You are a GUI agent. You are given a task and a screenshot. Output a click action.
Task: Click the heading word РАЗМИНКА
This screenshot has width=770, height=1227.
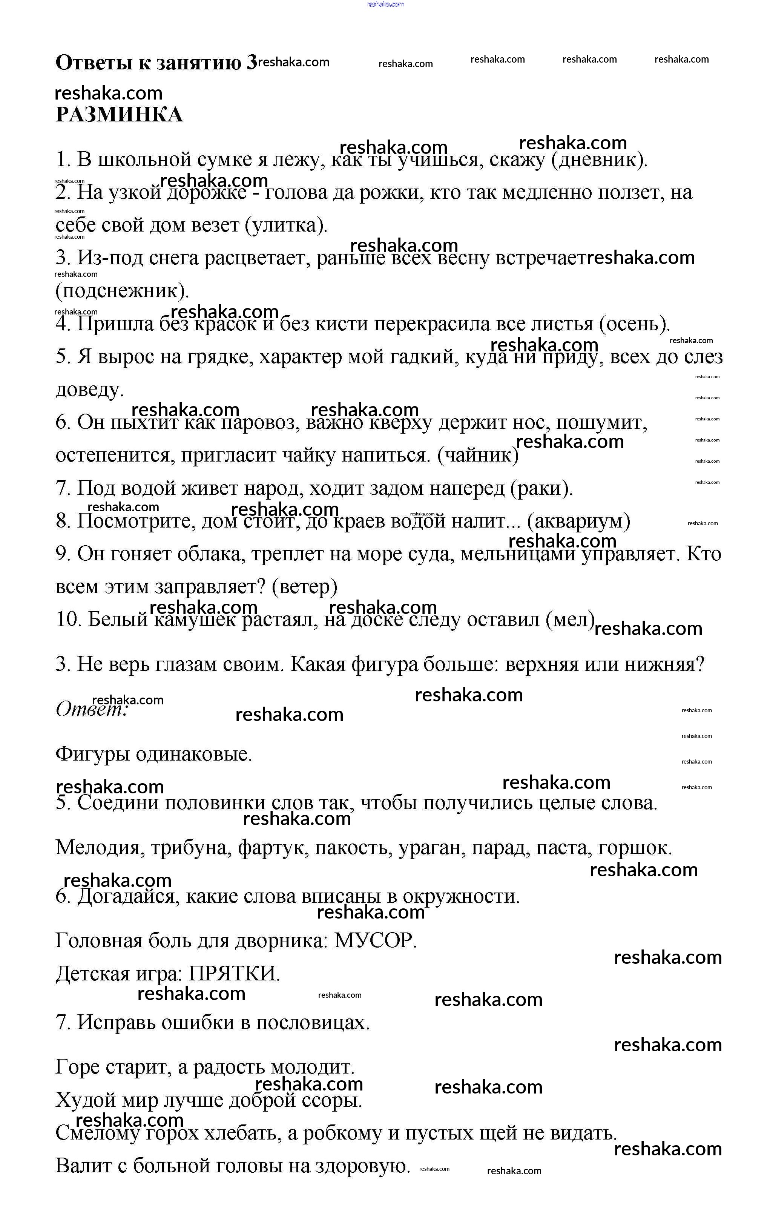pyautogui.click(x=119, y=115)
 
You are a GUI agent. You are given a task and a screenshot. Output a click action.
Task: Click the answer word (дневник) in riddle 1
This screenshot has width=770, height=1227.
pyautogui.click(x=600, y=160)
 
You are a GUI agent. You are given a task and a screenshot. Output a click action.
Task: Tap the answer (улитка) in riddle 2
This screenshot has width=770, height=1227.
pyautogui.click(x=286, y=225)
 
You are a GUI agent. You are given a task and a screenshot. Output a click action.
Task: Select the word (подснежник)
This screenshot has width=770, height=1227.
pyautogui.click(x=122, y=291)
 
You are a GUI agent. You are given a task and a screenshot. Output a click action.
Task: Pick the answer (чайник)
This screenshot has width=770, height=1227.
pyautogui.click(x=478, y=455)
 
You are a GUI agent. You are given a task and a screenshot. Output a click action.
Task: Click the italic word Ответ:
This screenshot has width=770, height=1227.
pyautogui.click(x=92, y=709)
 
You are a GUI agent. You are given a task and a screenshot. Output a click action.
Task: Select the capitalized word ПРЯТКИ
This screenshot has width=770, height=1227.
pyautogui.click(x=234, y=974)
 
